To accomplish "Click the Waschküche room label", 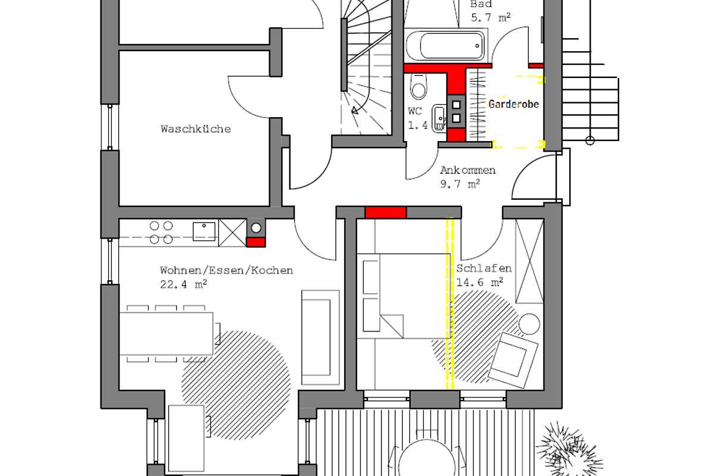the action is pos(195,129).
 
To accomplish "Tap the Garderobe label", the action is pos(513,104).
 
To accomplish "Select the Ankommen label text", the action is pos(468,171).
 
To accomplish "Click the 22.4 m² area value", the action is pos(184,284).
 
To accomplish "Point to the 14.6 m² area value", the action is pos(480,282).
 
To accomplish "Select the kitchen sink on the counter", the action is pos(204,231).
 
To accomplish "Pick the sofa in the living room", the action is pos(320,337).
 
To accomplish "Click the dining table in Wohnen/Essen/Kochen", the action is pos(166,333).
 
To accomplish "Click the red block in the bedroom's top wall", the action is pos(386,212).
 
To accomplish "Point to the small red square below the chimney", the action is pos(255,242).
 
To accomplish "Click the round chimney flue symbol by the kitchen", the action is pos(256,227).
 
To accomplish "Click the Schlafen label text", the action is pos(484,268).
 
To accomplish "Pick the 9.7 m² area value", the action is pos(460,184).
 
